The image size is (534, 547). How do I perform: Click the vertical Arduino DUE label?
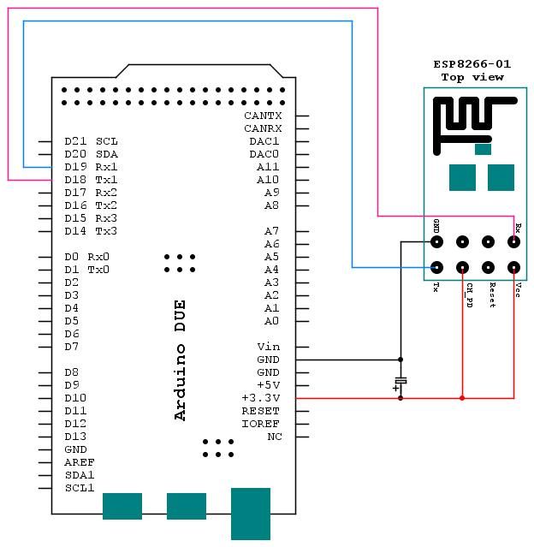pyautogui.click(x=180, y=360)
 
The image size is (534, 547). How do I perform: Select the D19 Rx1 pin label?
pyautogui.click(x=91, y=167)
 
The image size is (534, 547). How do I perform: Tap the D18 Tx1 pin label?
pyautogui.click(x=91, y=180)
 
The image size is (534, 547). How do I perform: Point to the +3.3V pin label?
pyautogui.click(x=261, y=398)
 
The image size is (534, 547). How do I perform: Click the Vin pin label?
pyautogui.click(x=269, y=347)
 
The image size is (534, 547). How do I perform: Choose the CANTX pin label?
pyautogui.click(x=262, y=116)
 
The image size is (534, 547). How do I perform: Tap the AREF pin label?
pyautogui.click(x=79, y=462)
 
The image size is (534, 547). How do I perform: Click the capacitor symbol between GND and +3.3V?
pyautogui.click(x=400, y=380)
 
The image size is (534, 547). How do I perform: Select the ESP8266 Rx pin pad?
pyautogui.click(x=513, y=242)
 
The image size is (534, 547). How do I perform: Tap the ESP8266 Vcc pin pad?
pyautogui.click(x=513, y=267)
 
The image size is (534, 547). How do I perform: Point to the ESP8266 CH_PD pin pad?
pyautogui.click(x=462, y=267)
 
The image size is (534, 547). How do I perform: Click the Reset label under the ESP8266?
pyautogui.click(x=492, y=295)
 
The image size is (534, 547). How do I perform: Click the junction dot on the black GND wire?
pyautogui.click(x=400, y=360)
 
